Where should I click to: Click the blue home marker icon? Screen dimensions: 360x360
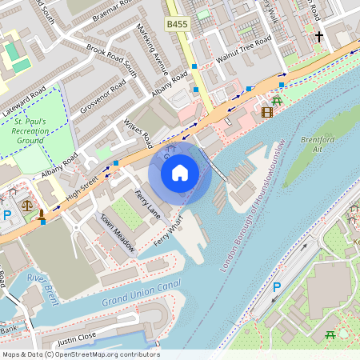point(180,172)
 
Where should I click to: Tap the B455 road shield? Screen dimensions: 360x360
point(178,25)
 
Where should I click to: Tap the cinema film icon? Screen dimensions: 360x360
point(266,113)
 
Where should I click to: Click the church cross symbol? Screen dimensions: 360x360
point(318,37)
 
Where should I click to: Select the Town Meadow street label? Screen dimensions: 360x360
point(116,233)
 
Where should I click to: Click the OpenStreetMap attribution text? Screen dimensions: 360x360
point(80,354)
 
